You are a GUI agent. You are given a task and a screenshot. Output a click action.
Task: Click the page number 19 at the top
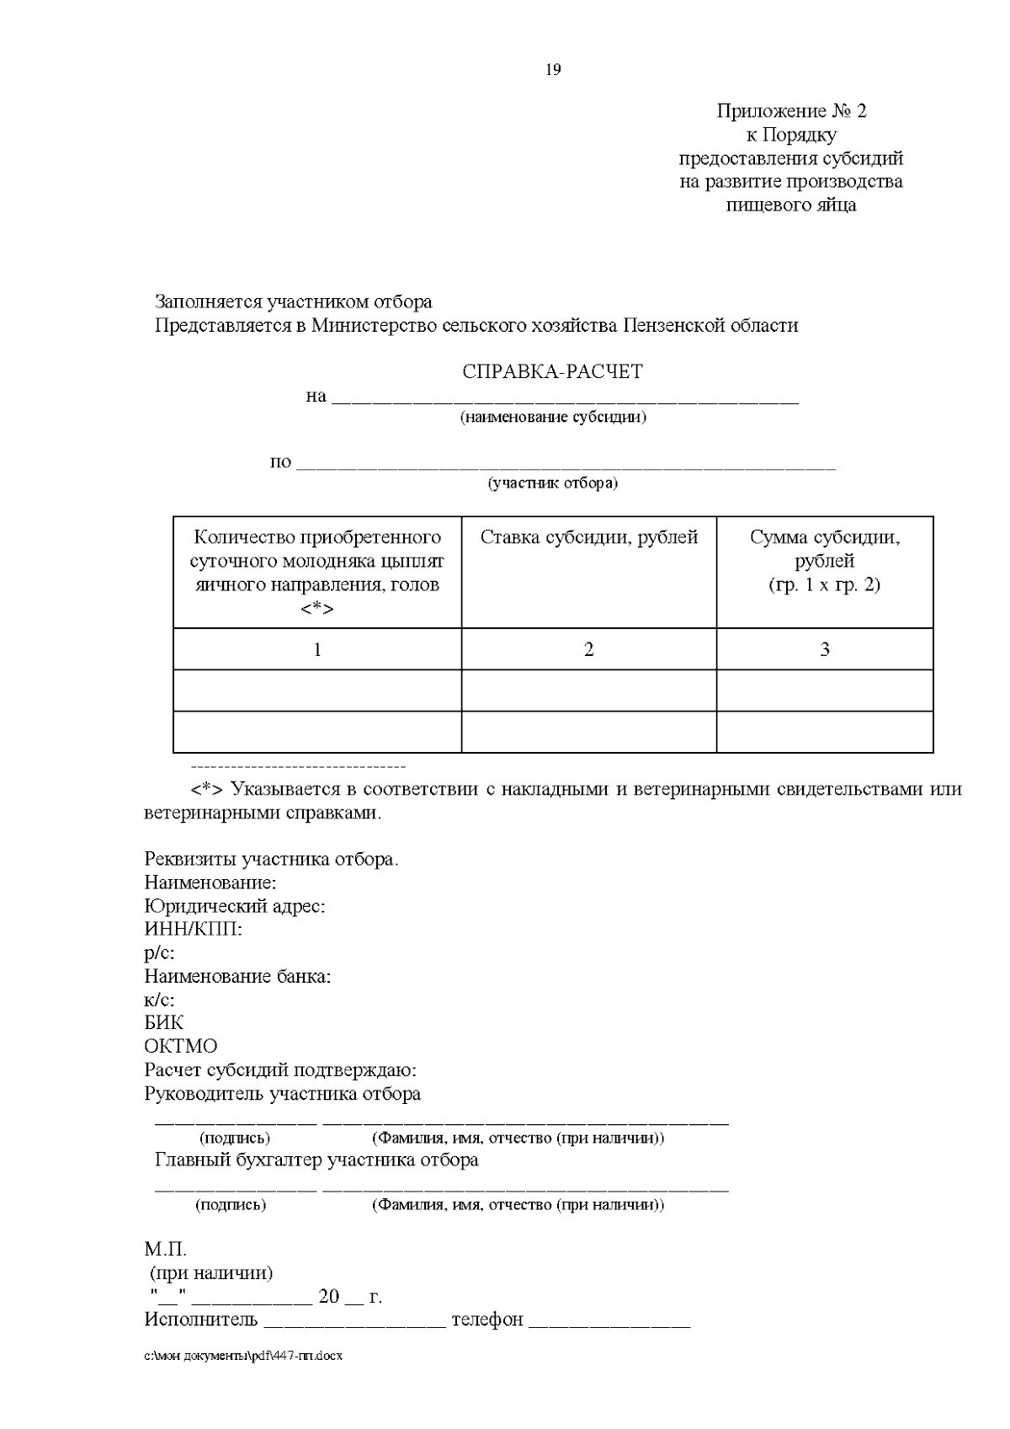coord(553,70)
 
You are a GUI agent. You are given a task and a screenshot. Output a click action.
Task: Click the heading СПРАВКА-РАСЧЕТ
coord(552,372)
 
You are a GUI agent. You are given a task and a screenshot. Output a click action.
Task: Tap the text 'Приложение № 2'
coord(791,111)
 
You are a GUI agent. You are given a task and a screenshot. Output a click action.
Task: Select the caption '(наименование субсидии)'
coord(553,417)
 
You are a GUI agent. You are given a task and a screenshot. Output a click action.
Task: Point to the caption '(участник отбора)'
coord(553,483)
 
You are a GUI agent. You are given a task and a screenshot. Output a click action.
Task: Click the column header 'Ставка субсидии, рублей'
coord(589,538)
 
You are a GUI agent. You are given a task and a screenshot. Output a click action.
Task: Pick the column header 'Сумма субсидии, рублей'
coord(825,549)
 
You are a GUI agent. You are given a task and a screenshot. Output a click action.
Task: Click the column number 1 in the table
coord(317,649)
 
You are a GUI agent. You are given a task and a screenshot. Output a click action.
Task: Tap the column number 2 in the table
coord(589,649)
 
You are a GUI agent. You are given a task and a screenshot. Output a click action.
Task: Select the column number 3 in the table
coord(825,649)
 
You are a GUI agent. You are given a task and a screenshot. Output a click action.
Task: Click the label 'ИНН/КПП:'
coord(194,930)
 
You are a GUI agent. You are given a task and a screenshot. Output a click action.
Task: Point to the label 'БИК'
coord(164,1023)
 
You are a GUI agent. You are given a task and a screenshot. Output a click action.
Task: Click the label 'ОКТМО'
coord(181,1047)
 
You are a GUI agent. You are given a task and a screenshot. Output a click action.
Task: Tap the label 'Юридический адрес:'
coord(235,907)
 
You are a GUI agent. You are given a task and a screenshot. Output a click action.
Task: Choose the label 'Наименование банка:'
coord(237,977)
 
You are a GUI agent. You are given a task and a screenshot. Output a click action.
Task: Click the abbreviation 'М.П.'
coord(165,1250)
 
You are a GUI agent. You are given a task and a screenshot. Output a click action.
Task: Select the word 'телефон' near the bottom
coord(487,1320)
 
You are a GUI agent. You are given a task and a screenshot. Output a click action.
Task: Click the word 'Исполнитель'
coord(201,1320)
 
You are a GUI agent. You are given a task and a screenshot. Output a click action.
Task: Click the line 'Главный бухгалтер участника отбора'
coord(316,1160)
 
